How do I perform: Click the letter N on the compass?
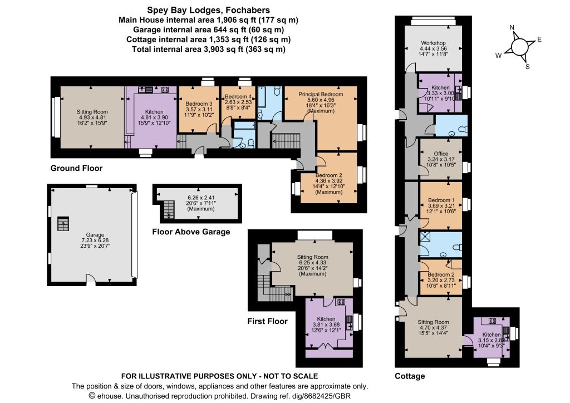[512, 28]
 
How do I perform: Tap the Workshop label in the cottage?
[433, 43]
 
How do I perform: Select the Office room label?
[441, 154]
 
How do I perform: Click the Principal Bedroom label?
[321, 94]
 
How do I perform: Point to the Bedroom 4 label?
[238, 96]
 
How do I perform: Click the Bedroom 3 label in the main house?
[199, 104]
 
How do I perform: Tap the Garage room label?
[95, 235]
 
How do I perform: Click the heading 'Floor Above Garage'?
[191, 232]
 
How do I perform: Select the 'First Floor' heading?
[268, 321]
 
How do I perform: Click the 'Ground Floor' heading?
[76, 168]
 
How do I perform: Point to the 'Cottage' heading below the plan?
[410, 376]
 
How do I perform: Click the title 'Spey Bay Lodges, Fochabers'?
[208, 10]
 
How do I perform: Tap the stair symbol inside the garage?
[63, 224]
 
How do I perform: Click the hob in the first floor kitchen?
[341, 302]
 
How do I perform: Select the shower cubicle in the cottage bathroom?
[425, 237]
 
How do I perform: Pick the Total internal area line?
[208, 49]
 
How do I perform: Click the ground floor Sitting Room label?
[92, 112]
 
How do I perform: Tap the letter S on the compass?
[528, 67]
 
